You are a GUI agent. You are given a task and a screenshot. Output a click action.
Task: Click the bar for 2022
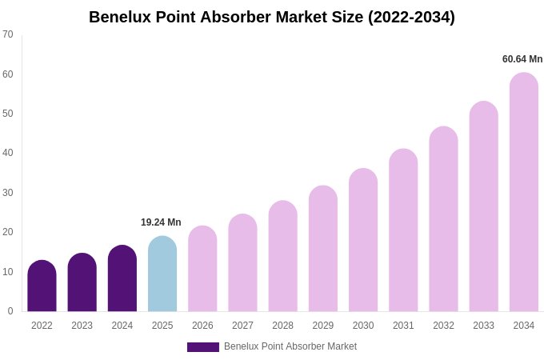42,286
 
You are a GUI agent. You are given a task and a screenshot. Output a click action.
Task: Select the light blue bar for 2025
162,274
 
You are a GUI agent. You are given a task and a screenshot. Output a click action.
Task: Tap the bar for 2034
524,192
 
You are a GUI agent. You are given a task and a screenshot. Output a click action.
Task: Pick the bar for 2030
363,240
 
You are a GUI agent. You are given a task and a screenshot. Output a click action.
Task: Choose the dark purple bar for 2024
122,278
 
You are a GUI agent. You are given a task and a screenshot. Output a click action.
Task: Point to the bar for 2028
282,256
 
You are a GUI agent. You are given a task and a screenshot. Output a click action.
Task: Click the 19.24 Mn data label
161,222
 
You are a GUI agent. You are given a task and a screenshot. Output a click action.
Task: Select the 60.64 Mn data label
522,59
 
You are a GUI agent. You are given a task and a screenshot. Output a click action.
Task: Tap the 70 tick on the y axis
8,34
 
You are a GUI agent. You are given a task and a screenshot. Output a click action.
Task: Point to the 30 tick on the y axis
8,193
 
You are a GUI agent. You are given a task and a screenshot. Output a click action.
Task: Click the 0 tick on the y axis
10,311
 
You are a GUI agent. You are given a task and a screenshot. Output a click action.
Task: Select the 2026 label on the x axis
202,326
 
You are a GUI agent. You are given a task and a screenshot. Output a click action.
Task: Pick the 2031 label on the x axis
403,326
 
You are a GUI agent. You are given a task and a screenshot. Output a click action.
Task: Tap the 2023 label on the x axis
82,326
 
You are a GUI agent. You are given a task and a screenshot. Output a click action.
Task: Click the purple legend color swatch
203,347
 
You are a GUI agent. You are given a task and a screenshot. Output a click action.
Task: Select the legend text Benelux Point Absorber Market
290,346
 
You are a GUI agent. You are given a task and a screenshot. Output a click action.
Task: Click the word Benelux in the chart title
120,17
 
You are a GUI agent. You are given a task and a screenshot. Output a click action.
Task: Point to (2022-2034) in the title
411,17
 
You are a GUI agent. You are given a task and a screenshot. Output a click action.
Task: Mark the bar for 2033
483,206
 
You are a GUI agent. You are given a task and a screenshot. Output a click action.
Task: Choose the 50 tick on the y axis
8,114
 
